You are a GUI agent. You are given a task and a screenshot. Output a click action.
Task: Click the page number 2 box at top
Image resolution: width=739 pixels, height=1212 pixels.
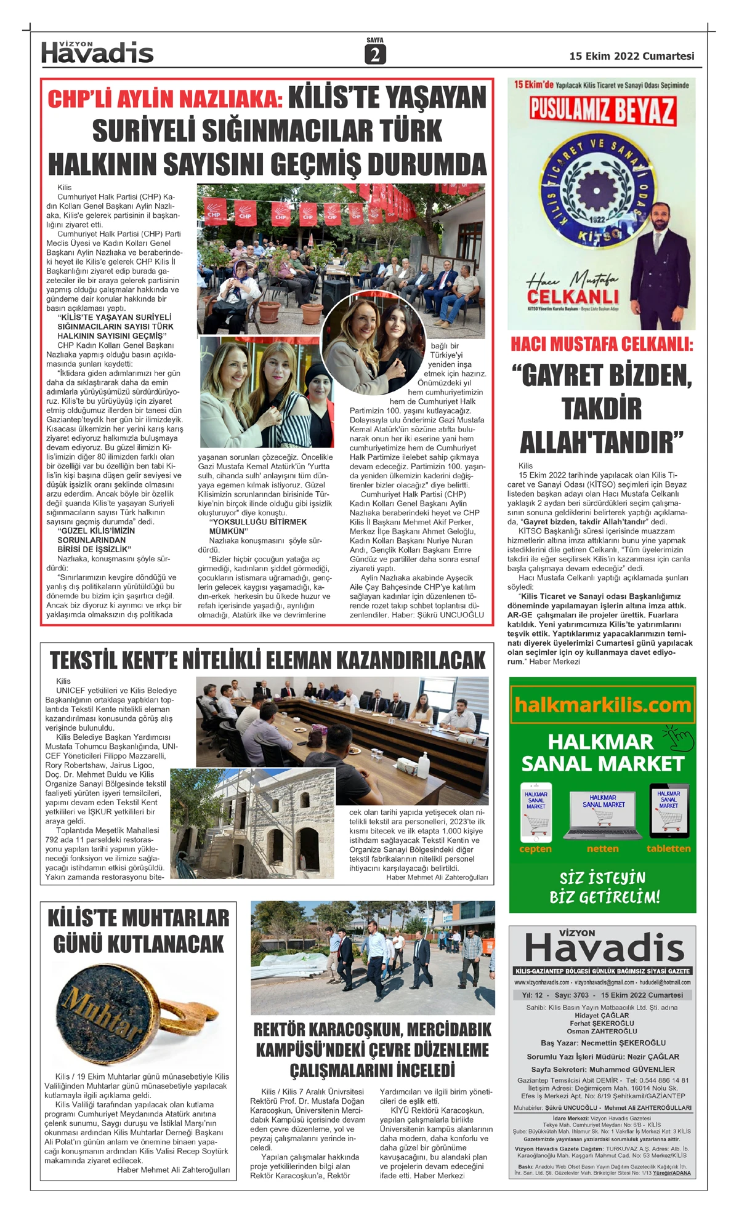[x=374, y=55]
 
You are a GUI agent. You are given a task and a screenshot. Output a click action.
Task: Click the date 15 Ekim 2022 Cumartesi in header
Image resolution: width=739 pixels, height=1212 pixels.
[x=631, y=56]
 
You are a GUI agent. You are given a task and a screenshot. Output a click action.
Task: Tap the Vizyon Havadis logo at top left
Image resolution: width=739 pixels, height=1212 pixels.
[x=97, y=53]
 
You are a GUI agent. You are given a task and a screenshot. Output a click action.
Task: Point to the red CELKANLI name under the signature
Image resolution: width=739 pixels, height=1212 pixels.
[x=573, y=297]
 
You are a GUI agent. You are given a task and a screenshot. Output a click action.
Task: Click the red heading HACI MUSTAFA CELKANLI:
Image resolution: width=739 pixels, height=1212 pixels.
[x=602, y=344]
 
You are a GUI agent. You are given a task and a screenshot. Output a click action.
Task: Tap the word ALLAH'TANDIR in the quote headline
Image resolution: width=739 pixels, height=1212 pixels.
[x=602, y=442]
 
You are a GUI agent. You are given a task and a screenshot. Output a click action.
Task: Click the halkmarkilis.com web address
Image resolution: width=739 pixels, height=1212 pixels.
[x=602, y=705]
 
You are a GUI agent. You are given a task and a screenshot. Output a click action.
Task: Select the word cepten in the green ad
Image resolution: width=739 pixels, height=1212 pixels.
[x=535, y=849]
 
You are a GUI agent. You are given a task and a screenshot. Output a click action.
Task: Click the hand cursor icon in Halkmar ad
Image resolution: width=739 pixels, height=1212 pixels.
[x=679, y=737]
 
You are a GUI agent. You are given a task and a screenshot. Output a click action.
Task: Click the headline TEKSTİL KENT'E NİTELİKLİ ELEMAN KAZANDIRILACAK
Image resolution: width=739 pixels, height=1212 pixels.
[x=267, y=660]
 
